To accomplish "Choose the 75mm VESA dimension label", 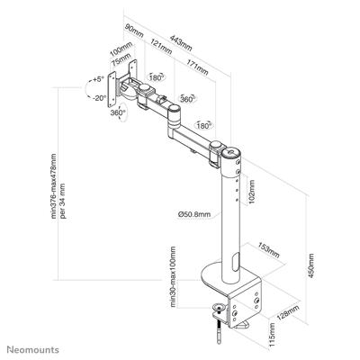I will (119, 67).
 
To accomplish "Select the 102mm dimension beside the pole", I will (252, 192).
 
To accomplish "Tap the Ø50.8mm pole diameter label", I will (195, 214).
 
